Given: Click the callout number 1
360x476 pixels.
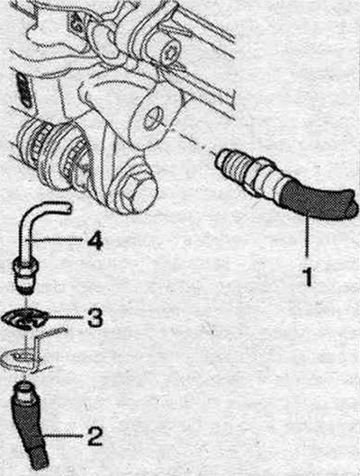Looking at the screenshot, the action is [308, 275].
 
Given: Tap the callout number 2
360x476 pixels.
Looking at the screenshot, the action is [94, 436].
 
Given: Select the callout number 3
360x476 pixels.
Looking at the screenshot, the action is [95, 318].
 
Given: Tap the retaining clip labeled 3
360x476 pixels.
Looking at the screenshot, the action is [26, 319].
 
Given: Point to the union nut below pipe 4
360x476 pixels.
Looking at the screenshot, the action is [26, 274].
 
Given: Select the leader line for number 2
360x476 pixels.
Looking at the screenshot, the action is [63, 436].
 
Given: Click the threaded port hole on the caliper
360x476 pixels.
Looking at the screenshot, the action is [152, 119].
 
